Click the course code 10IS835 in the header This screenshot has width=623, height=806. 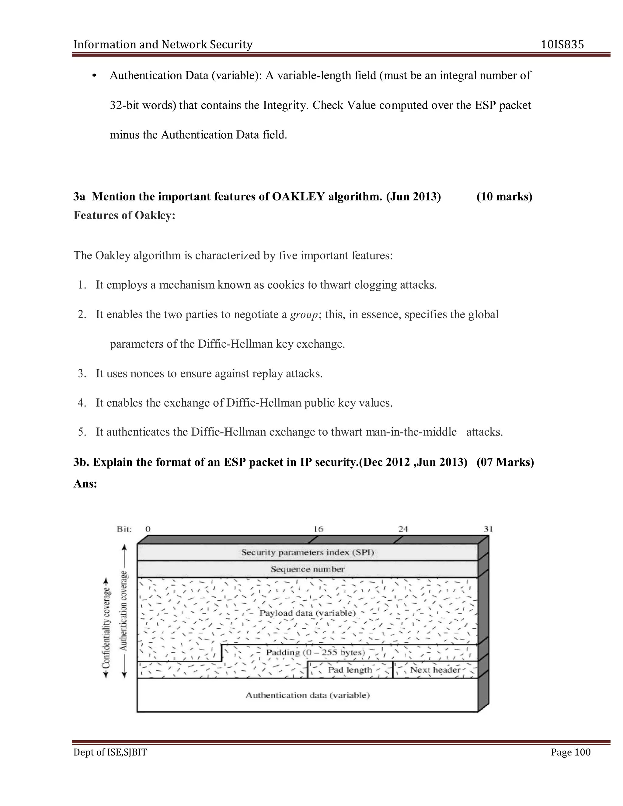point(562,45)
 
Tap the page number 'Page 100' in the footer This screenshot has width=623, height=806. point(570,752)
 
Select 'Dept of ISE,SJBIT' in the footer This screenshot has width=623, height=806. point(110,752)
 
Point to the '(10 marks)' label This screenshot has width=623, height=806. point(504,196)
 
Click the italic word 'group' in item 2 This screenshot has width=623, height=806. point(304,314)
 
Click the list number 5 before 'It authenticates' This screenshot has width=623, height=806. point(82,432)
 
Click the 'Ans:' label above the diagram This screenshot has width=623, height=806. point(85,484)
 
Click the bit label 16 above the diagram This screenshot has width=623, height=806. point(318,529)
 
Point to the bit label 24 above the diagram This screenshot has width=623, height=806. point(403,529)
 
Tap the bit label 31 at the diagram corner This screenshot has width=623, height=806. point(488,529)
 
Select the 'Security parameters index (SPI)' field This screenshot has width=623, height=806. point(308,552)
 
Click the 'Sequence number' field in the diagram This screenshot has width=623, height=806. point(308,569)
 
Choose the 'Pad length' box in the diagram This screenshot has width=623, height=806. point(350,670)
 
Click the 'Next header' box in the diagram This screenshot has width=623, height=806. point(435,670)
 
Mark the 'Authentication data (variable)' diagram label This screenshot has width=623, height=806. point(308,695)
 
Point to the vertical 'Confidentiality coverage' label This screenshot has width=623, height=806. point(106,627)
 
